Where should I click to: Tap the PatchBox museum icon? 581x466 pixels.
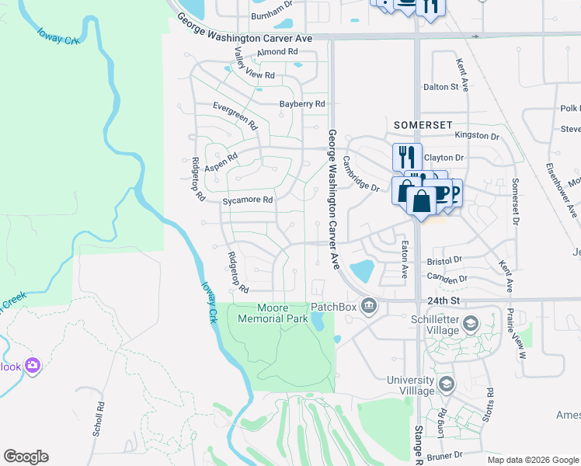tap(369, 306)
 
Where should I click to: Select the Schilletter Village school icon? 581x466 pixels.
tap(469, 323)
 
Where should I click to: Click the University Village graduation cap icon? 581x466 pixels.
tap(446, 384)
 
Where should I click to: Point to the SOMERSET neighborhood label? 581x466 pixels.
tap(423, 124)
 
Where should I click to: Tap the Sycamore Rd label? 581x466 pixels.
tap(248, 200)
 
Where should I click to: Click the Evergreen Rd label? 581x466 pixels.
tap(235, 115)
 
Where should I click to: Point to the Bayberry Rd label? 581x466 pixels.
tap(302, 103)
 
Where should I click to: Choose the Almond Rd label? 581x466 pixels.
tap(277, 52)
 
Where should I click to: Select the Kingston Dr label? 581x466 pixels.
tap(477, 135)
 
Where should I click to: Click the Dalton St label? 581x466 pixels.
tap(440, 87)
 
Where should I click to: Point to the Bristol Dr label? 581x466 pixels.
tap(444, 259)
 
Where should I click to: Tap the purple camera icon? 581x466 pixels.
tap(32, 364)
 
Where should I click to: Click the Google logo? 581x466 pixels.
tap(26, 457)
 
